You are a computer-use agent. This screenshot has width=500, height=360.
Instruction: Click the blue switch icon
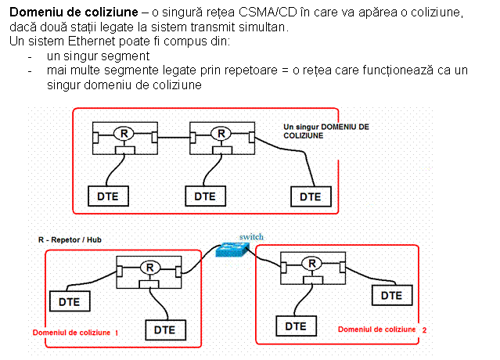tap(233, 249)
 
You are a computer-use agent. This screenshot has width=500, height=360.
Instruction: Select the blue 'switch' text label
tap(251, 236)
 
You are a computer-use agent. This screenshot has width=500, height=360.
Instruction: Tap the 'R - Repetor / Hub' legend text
tap(70, 239)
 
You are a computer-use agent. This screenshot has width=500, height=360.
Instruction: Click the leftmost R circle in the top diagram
tap(121, 133)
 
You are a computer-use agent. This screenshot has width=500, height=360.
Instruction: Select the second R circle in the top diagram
tap(221, 133)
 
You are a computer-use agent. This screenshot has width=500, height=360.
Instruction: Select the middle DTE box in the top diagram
tap(205, 196)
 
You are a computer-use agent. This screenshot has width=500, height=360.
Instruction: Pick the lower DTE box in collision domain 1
tap(164, 329)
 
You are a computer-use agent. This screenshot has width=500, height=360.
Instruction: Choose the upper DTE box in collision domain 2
tap(391, 295)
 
